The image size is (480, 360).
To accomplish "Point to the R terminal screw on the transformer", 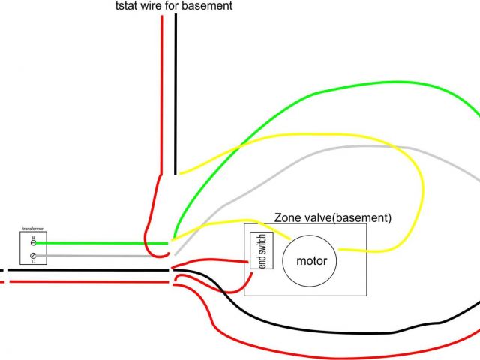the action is point(34,243).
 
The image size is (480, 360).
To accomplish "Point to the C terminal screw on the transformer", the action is point(34,256).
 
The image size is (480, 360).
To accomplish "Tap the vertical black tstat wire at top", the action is point(175,90).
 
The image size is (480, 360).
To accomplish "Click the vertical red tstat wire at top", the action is point(161,90).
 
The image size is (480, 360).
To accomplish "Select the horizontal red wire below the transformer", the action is point(90,282).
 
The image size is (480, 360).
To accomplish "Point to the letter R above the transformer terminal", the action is point(33,236).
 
